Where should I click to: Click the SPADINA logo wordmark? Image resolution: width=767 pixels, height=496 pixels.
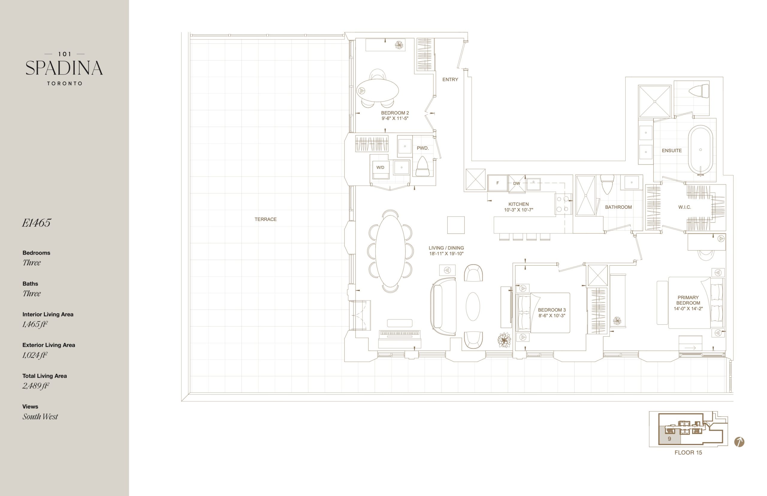pyautogui.click(x=64, y=68)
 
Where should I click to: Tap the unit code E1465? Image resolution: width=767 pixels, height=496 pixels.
pyautogui.click(x=36, y=223)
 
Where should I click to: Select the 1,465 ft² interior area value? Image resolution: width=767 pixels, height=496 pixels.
pyautogui.click(x=35, y=324)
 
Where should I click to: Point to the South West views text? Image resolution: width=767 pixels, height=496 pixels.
pyautogui.click(x=40, y=416)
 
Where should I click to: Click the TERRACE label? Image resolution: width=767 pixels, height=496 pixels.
pyautogui.click(x=265, y=219)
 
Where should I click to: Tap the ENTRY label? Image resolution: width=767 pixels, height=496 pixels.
pyautogui.click(x=450, y=80)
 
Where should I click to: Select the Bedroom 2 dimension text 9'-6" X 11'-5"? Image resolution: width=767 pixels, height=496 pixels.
pyautogui.click(x=395, y=119)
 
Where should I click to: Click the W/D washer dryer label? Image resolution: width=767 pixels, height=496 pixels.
pyautogui.click(x=380, y=167)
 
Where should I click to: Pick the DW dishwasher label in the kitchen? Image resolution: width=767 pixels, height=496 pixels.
pyautogui.click(x=517, y=184)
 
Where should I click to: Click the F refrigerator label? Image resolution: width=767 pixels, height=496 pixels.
pyautogui.click(x=497, y=183)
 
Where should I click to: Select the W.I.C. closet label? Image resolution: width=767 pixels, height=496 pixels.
pyautogui.click(x=685, y=207)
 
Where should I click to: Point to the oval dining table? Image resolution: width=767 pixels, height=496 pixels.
pyautogui.click(x=390, y=251)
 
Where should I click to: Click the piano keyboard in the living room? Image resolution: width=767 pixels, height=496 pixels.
pyautogui.click(x=399, y=334)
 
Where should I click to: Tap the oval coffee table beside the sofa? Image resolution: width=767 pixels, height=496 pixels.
pyautogui.click(x=472, y=306)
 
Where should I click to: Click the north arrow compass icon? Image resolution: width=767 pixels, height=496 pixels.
pyautogui.click(x=739, y=442)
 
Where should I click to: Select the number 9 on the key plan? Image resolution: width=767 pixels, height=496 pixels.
pyautogui.click(x=669, y=439)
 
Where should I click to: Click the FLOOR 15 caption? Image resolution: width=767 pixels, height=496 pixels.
pyautogui.click(x=688, y=453)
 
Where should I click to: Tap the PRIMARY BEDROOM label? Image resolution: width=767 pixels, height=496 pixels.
pyautogui.click(x=688, y=300)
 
